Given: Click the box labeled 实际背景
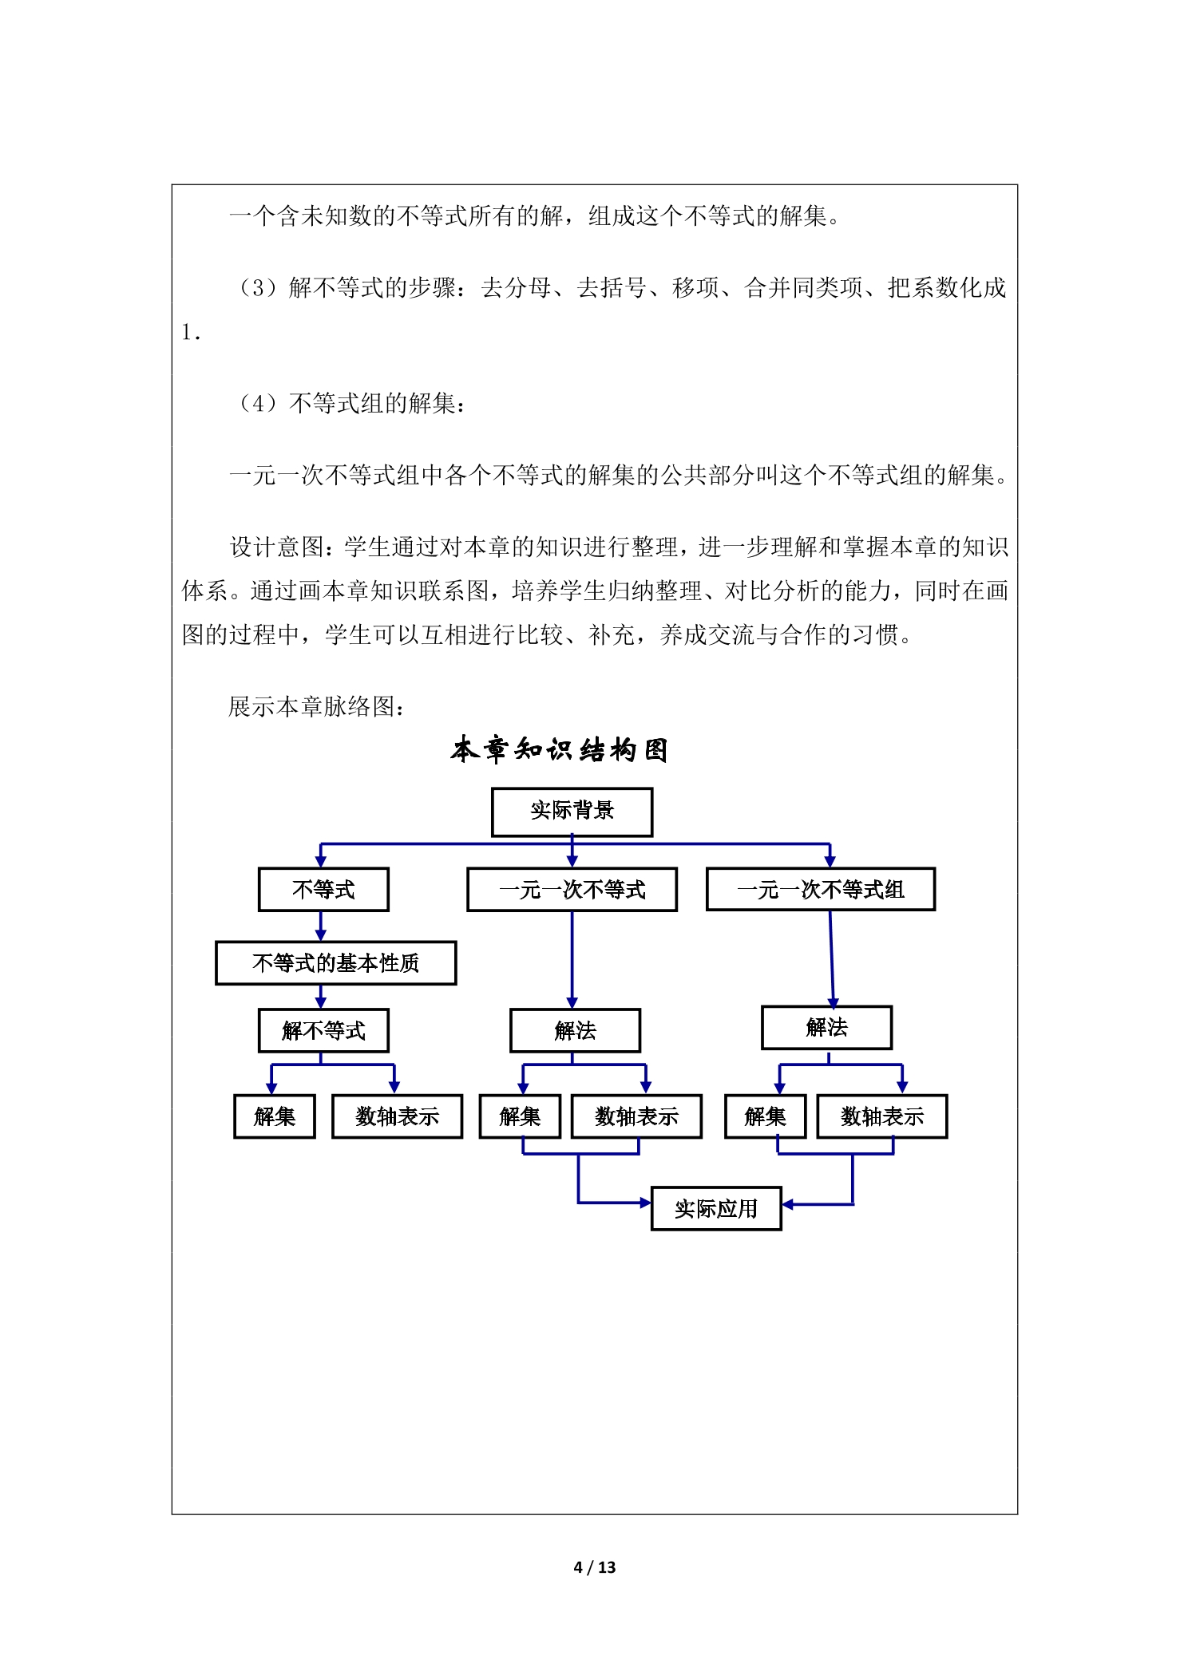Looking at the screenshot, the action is pyautogui.click(x=572, y=812).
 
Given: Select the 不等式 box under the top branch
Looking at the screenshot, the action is pyautogui.click(x=323, y=889).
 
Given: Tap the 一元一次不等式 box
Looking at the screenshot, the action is pyautogui.click(x=572, y=889).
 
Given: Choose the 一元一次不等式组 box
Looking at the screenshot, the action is pyautogui.click(x=821, y=889).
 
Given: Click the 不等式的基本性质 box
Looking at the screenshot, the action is pyautogui.click(x=335, y=962).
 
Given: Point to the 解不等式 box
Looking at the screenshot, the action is pyautogui.click(x=323, y=1030).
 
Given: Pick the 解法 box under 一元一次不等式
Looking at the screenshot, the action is pyautogui.click(x=575, y=1030).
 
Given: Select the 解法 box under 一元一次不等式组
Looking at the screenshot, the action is pyautogui.click(x=826, y=1027).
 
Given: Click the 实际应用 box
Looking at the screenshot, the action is pyautogui.click(x=716, y=1208).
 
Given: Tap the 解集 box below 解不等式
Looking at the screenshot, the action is pyautogui.click(x=274, y=1116).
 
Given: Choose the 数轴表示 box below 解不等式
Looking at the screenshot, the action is pyautogui.click(x=397, y=1116).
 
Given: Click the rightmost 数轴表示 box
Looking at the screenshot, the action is pyautogui.click(x=881, y=1116).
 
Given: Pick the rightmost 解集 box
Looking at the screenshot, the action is pyautogui.click(x=765, y=1116).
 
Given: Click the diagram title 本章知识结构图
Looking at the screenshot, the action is pyautogui.click(x=559, y=750).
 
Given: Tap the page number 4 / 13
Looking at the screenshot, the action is pyautogui.click(x=595, y=1567).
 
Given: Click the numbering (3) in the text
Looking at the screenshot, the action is pyautogui.click(x=258, y=287).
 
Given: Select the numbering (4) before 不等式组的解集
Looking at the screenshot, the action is pyautogui.click(x=258, y=403).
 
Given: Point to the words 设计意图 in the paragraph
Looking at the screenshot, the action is pyautogui.click(x=277, y=547).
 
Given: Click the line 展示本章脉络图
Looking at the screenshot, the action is pyautogui.click(x=317, y=706).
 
